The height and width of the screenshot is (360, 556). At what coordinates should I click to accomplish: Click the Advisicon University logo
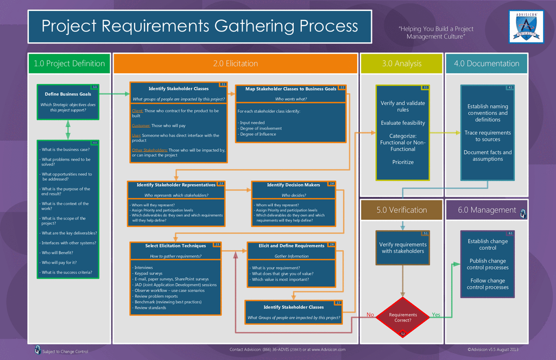pos(526,26)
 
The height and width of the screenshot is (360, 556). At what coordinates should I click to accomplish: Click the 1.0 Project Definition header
pos(69,64)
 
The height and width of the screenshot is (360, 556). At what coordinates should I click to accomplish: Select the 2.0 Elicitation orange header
pos(235,64)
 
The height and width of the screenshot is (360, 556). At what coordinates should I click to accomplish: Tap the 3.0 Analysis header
pos(401,64)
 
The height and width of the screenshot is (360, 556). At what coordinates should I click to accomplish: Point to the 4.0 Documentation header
pos(486,64)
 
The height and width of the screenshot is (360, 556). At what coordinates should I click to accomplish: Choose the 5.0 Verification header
pos(402,210)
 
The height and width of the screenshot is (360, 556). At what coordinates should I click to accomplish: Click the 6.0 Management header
pos(486,210)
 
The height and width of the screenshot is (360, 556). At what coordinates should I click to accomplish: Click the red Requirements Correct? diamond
pos(403,318)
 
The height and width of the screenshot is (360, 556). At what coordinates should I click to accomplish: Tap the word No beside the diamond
pos(370,315)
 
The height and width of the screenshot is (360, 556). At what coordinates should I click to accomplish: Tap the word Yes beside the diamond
pos(436,315)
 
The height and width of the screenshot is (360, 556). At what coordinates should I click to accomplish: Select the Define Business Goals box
pos(68,102)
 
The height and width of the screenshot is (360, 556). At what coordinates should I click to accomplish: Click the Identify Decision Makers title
pos(293,185)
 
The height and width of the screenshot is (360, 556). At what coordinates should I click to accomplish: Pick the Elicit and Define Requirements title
pos(291,246)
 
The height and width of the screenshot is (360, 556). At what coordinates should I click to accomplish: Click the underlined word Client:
pos(137,111)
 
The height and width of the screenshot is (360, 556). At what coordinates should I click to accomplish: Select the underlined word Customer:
pos(141,125)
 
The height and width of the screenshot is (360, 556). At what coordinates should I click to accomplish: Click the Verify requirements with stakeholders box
pos(403,248)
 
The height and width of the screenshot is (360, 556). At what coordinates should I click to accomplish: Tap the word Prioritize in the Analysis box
pos(403,162)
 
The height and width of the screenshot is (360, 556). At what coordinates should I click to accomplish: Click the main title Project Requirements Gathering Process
pos(200,26)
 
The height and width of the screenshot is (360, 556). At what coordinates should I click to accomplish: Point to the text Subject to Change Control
pos(65,352)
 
